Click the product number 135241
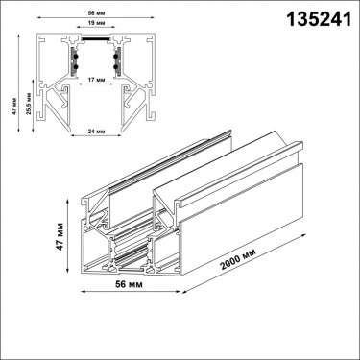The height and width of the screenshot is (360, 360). [319, 19]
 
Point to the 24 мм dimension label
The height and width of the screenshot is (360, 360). [96, 132]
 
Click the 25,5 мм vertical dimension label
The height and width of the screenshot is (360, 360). [29, 104]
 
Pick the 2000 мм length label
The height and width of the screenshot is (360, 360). [237, 260]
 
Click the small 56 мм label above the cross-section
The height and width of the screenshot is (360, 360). [96, 13]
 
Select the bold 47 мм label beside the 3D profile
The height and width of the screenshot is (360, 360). [60, 236]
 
